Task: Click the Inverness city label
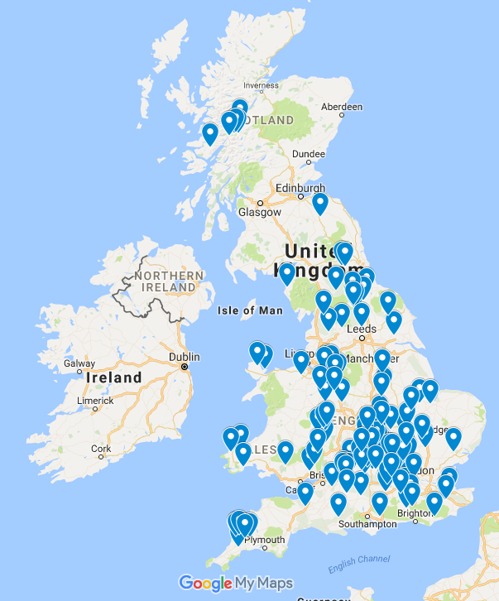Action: (x=261, y=84)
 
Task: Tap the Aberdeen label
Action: (x=342, y=107)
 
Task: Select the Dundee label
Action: (x=309, y=153)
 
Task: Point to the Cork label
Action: (x=102, y=450)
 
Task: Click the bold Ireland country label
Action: (x=113, y=377)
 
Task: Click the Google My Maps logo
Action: (x=236, y=583)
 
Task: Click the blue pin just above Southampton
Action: (x=379, y=502)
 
